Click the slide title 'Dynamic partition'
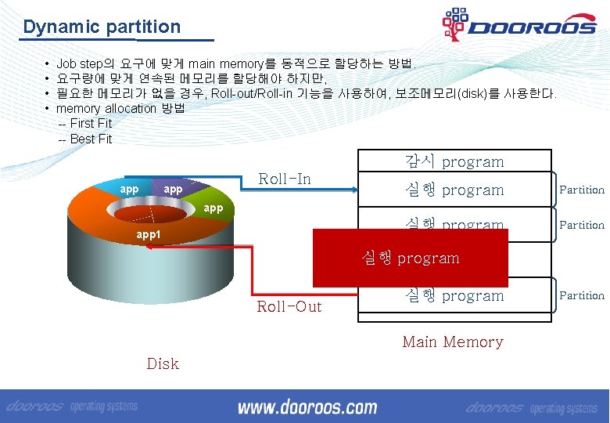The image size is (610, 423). click(102, 27)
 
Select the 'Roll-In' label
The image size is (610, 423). click(285, 179)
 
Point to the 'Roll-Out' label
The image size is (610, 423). click(289, 306)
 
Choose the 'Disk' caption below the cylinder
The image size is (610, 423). click(163, 363)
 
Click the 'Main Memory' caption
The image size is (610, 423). click(452, 342)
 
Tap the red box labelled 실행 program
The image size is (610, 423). click(411, 258)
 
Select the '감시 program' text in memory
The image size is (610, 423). click(454, 162)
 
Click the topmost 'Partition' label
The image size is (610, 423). click(581, 190)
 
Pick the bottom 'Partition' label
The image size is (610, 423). click(581, 295)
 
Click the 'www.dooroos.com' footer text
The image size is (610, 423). click(307, 407)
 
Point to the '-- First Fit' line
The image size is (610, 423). click(85, 124)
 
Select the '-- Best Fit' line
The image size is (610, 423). click(85, 139)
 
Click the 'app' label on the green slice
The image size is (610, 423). click(213, 208)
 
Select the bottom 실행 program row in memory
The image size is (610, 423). click(454, 296)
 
